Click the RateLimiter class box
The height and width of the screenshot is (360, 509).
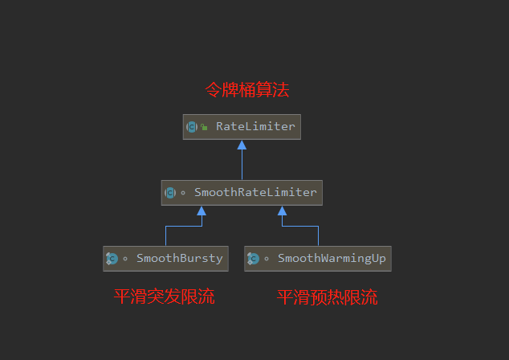242,127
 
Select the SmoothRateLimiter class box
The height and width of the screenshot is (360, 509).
242,193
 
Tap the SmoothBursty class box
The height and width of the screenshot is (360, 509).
166,259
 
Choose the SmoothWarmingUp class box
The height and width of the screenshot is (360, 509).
318,259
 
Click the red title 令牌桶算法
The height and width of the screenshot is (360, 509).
246,90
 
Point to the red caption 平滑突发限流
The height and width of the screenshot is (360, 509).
165,297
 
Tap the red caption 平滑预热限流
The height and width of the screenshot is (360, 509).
327,297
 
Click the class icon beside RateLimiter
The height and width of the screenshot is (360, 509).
192,127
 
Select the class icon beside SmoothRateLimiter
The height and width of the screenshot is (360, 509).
170,193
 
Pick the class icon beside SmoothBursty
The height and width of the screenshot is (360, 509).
112,259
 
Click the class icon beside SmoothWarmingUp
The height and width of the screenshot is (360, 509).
253,259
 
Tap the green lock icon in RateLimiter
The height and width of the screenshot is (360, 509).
205,127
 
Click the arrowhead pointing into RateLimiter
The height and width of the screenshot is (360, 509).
242,145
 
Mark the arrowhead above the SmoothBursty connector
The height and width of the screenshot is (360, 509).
202,211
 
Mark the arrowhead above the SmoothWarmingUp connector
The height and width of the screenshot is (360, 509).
282,211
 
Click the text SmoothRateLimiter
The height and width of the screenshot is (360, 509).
255,193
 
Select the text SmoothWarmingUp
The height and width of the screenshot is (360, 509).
332,259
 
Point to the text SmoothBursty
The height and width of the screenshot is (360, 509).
179,259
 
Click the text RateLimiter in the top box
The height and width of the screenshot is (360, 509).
255,127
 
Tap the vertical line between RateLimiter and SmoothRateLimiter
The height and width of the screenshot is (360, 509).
242,165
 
